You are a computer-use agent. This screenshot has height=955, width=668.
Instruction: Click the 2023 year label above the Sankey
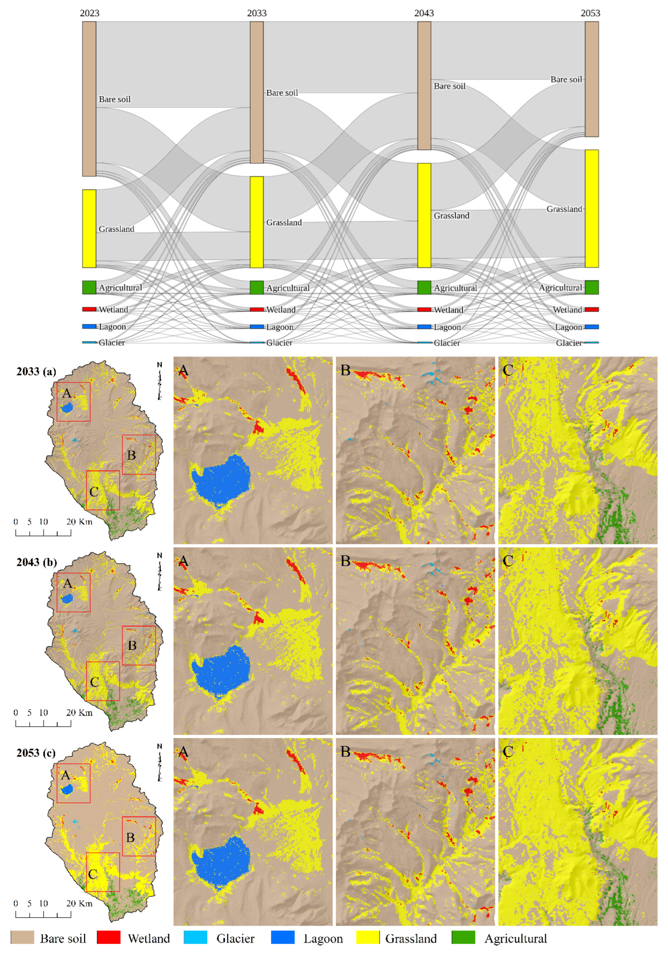(89, 13)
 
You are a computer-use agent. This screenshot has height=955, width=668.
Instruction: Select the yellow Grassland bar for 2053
(591, 208)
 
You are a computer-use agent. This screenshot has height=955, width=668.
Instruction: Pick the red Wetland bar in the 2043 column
(424, 309)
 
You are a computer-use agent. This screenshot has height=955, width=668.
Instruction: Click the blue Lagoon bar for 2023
(89, 327)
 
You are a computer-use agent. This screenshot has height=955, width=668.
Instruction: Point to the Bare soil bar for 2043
(424, 85)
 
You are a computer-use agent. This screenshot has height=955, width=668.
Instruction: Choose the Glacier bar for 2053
(591, 342)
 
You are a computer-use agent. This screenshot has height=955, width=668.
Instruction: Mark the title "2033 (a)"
(36, 371)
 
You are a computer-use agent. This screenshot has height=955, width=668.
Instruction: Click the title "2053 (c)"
(36, 753)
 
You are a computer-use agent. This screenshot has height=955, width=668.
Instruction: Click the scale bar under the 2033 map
(43, 533)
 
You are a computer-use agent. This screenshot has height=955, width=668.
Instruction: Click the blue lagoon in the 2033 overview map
(67, 407)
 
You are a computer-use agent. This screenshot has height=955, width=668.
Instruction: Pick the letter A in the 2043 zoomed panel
(183, 562)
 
